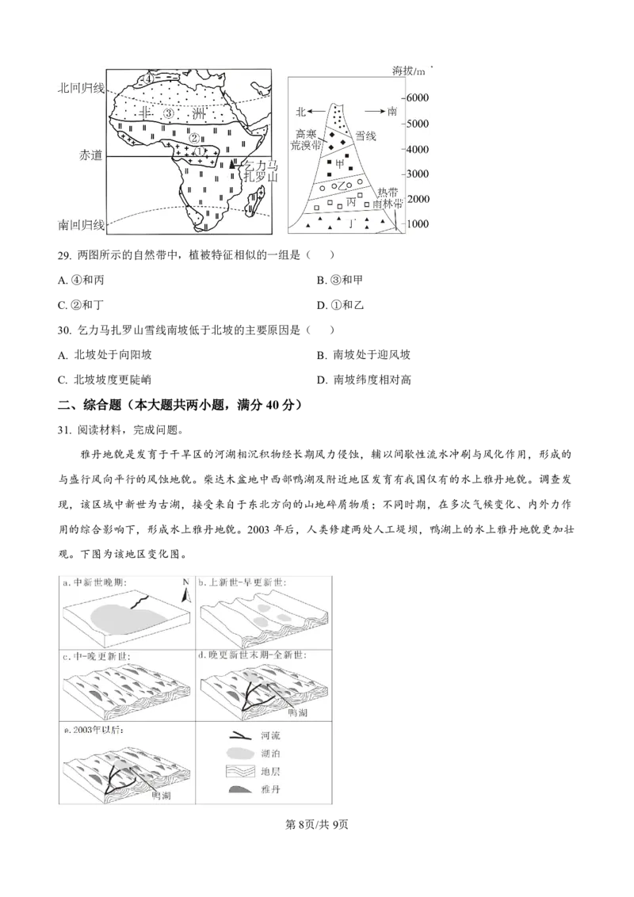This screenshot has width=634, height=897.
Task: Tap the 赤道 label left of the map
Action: [x=91, y=155]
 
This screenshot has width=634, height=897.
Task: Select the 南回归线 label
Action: [x=82, y=225]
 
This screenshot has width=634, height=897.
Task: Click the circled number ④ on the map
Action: [x=147, y=79]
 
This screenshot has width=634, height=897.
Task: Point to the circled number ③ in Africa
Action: [x=168, y=114]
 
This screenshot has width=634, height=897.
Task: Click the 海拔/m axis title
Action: [x=409, y=72]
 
